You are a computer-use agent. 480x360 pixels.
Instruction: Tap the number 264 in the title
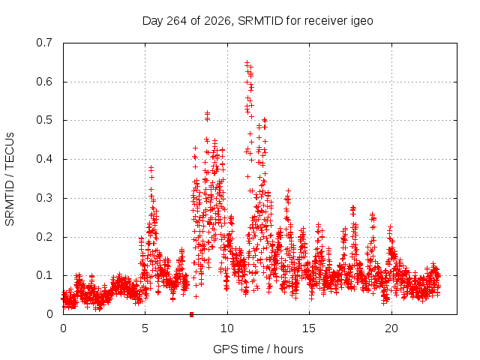[176, 21]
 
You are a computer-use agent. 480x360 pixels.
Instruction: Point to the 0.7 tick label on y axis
[44, 43]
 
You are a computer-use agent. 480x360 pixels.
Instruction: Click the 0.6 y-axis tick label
[44, 82]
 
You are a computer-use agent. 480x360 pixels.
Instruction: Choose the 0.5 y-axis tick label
[44, 120]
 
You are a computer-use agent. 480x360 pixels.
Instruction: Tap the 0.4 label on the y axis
[44, 159]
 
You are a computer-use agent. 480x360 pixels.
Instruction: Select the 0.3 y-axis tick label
[44, 198]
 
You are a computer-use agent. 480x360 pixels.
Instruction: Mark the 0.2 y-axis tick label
[44, 237]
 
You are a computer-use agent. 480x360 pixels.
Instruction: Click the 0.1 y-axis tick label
[44, 275]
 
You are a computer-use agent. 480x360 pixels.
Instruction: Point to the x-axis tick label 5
[145, 328]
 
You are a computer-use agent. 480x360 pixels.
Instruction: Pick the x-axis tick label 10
[227, 328]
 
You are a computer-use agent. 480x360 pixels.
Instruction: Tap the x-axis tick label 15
[309, 328]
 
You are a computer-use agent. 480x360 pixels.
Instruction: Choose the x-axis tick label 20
[391, 328]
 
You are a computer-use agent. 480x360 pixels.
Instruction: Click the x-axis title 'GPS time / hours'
[258, 349]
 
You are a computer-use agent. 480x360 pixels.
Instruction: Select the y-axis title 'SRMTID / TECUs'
[10, 179]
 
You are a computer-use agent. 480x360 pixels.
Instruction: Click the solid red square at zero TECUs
[192, 314]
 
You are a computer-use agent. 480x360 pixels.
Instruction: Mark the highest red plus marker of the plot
[247, 63]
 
